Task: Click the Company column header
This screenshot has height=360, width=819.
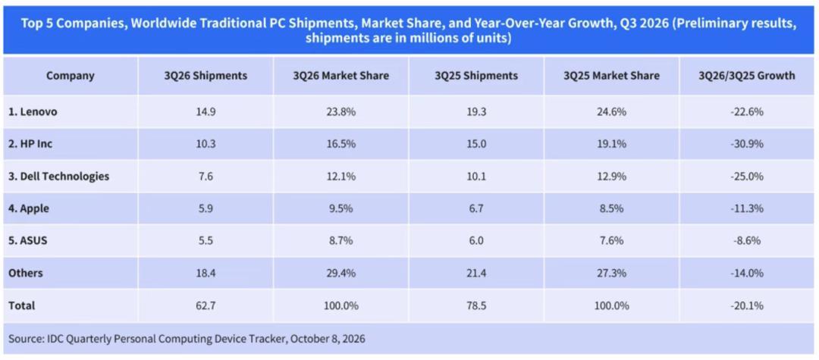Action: pyautogui.click(x=70, y=76)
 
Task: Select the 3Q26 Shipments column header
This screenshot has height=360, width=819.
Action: pyautogui.click(x=206, y=76)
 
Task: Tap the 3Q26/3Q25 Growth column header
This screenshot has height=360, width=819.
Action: pyautogui.click(x=746, y=76)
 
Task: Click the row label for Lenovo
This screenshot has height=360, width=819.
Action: pyautogui.click(x=33, y=112)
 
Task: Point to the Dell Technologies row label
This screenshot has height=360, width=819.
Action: pyautogui.click(x=58, y=177)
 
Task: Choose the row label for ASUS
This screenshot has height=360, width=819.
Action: pyautogui.click(x=29, y=241)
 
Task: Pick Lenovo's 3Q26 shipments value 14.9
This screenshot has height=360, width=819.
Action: pyautogui.click(x=206, y=112)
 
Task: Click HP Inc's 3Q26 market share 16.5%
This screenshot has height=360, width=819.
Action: pyautogui.click(x=340, y=145)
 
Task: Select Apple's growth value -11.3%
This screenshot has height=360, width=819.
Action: pyautogui.click(x=747, y=208)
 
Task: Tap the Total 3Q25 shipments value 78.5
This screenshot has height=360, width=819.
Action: pyautogui.click(x=475, y=305)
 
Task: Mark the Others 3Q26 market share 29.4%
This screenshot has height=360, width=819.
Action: pyautogui.click(x=340, y=274)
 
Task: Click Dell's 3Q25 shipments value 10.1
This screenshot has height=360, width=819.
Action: pyautogui.click(x=475, y=177)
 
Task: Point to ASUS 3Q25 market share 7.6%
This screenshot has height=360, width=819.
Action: pyautogui.click(x=611, y=241)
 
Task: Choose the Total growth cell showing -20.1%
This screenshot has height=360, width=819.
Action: pyautogui.click(x=747, y=305)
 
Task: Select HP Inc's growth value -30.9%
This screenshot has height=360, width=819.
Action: pyautogui.click(x=747, y=145)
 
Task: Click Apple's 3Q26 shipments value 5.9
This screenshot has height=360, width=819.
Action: pyautogui.click(x=206, y=208)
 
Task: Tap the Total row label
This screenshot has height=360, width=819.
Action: pyautogui.click(x=21, y=305)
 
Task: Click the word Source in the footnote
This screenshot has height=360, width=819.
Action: pyautogui.click(x=23, y=339)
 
